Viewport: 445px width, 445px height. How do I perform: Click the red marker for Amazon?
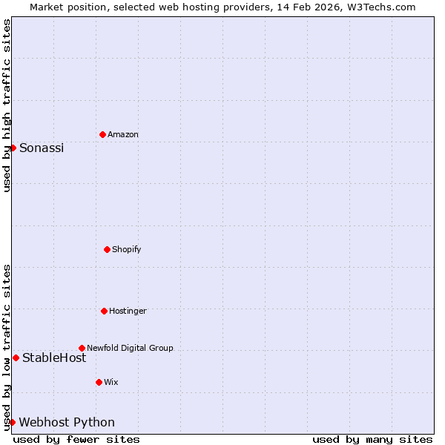point(102,134)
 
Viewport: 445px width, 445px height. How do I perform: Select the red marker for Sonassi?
point(13,148)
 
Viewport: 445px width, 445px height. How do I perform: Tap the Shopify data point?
point(107,249)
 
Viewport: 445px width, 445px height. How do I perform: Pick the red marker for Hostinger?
point(104,311)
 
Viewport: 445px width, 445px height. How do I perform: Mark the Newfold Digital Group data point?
point(82,348)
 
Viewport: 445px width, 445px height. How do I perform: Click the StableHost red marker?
point(16,357)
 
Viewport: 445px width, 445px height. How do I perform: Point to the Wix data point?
point(99,382)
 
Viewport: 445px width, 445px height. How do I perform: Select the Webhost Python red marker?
point(12,422)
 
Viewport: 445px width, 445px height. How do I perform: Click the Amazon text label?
point(123,134)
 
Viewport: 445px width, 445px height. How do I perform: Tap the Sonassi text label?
point(42,148)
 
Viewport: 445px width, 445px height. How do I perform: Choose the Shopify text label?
point(127,249)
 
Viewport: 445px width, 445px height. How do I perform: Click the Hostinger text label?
point(128,311)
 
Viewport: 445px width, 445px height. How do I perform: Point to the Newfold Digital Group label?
point(130,348)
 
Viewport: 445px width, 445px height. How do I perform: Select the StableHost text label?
point(54,357)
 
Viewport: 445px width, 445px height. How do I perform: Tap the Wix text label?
point(111,382)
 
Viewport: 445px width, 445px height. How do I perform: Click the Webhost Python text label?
point(67,422)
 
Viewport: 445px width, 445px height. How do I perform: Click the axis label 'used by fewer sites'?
point(76,439)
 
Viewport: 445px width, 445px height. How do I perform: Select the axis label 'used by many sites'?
point(372,439)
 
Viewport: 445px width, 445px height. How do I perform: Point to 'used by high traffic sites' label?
point(7,105)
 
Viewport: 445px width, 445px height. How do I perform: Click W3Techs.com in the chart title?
point(378,7)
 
